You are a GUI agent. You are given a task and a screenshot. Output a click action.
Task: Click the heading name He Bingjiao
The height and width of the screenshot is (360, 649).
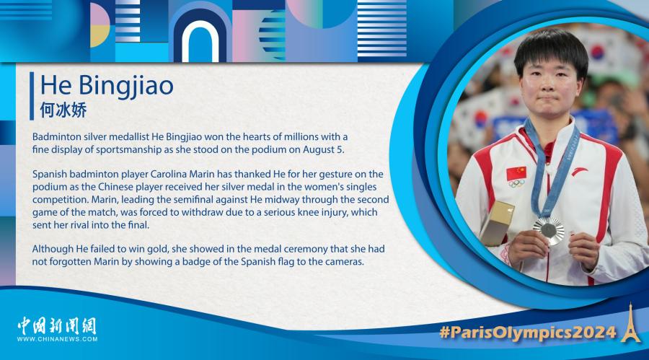(107, 86)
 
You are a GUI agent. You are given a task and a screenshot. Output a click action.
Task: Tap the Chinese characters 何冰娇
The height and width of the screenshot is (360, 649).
(63, 110)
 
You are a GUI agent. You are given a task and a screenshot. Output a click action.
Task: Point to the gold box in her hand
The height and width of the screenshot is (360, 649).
(497, 223)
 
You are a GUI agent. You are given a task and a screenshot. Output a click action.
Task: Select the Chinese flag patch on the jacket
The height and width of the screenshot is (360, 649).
(516, 172)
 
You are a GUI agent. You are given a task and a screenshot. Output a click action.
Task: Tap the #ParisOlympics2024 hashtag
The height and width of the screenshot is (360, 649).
(528, 333)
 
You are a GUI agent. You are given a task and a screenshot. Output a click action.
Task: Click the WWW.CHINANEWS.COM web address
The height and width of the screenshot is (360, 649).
(57, 339)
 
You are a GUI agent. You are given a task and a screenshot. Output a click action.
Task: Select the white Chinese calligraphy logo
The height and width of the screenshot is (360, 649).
(57, 325)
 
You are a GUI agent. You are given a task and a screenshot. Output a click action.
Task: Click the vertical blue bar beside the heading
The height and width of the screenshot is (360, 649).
(32, 96)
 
